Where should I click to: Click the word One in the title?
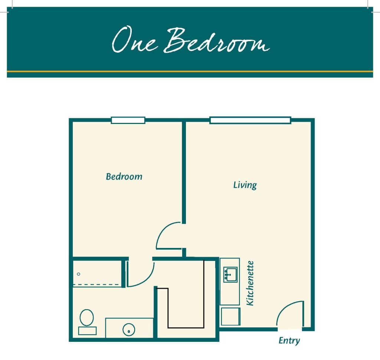[134, 40]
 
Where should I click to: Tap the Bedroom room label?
[124, 177]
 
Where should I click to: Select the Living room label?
[245, 185]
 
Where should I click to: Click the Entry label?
[289, 341]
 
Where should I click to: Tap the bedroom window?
[128, 120]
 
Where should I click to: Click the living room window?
[250, 120]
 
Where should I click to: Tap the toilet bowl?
[86, 317]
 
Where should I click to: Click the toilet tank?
[88, 331]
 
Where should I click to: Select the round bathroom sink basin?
[129, 330]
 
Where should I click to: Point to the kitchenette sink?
[230, 275]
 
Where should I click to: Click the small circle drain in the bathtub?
[79, 274]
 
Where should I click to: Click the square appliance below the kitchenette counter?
[230, 317]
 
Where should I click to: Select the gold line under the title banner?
[190, 71]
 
